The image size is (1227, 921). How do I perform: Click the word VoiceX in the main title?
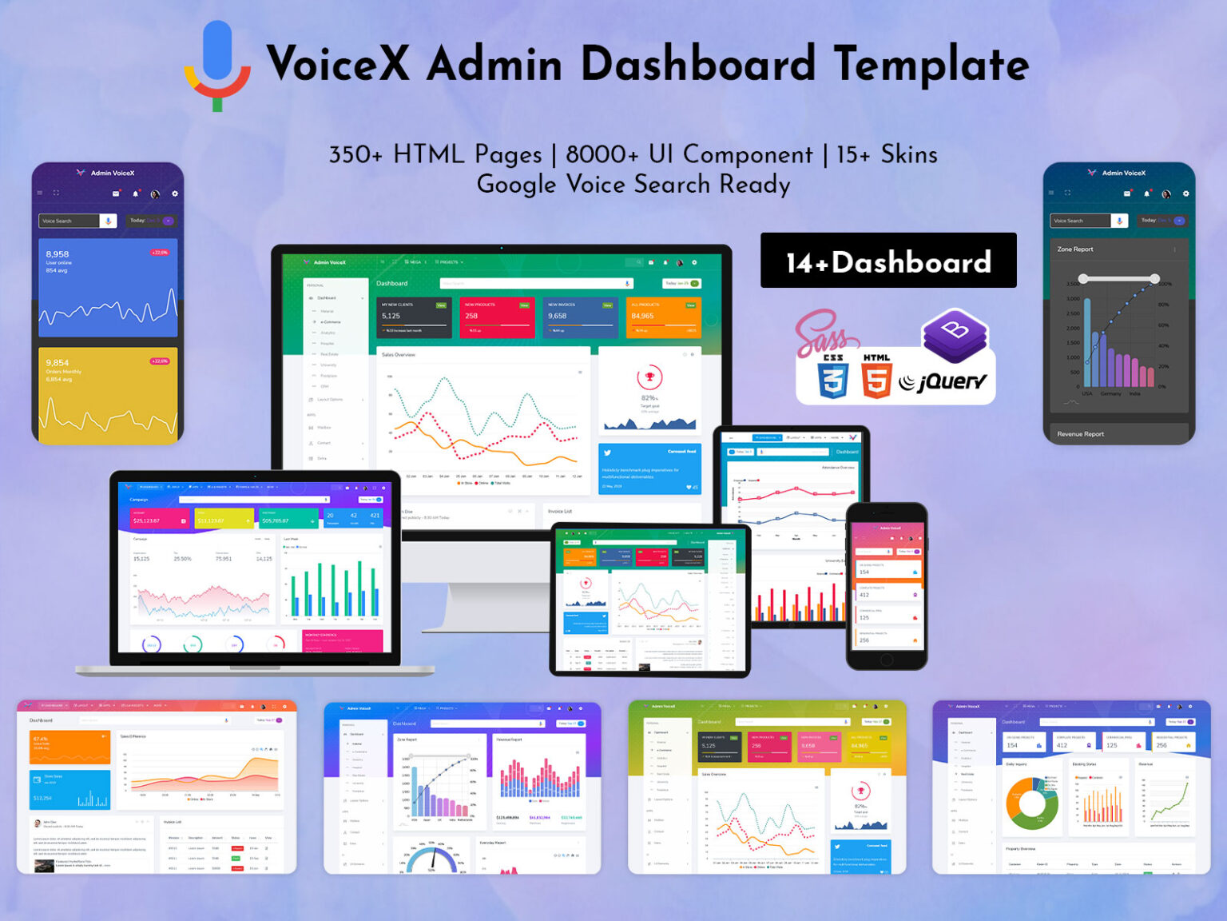click(x=338, y=64)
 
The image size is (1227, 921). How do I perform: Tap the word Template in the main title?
click(x=931, y=64)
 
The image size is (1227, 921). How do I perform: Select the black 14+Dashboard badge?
click(x=887, y=261)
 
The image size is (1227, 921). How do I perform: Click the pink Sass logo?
click(x=820, y=333)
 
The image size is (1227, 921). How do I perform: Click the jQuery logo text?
click(x=944, y=382)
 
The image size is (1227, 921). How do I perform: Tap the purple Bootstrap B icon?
click(x=955, y=333)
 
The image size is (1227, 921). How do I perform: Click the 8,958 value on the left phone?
click(x=58, y=254)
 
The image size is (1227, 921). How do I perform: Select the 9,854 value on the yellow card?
click(x=58, y=362)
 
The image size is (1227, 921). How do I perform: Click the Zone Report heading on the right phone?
click(x=1075, y=249)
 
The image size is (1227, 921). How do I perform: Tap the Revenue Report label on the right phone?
click(x=1080, y=434)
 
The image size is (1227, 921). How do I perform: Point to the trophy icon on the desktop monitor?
click(x=649, y=377)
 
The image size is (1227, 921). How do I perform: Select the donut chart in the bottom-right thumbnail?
click(x=1032, y=803)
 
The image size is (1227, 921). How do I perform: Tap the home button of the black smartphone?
click(x=887, y=660)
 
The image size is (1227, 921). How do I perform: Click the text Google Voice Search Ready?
click(x=633, y=185)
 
